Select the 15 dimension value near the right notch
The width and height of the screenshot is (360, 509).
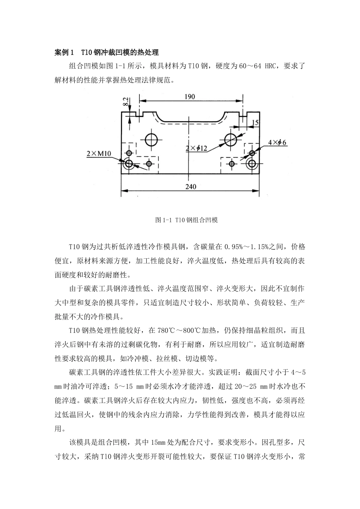click(255, 122)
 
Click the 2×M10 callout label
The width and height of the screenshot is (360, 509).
click(99, 153)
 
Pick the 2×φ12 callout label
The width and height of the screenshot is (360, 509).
click(196, 148)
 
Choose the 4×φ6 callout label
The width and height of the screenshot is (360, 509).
click(277, 142)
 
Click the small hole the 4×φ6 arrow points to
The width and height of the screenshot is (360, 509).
click(252, 153)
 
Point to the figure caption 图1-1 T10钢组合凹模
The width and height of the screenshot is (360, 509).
click(186, 220)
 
